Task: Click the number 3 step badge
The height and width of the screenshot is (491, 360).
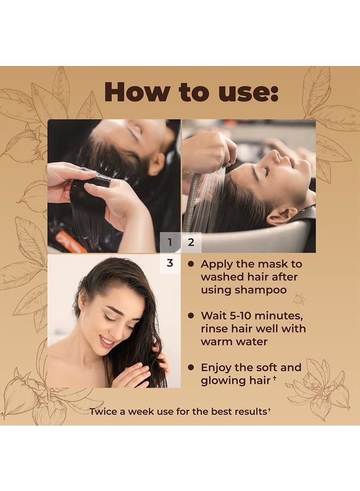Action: tap(170, 263)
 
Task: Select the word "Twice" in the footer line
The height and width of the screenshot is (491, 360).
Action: tap(107, 410)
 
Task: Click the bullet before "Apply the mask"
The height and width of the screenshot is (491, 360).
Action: tap(191, 264)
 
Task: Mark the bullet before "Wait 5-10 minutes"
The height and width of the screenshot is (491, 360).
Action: tap(191, 315)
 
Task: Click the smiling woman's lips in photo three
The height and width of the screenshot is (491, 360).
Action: tap(106, 341)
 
